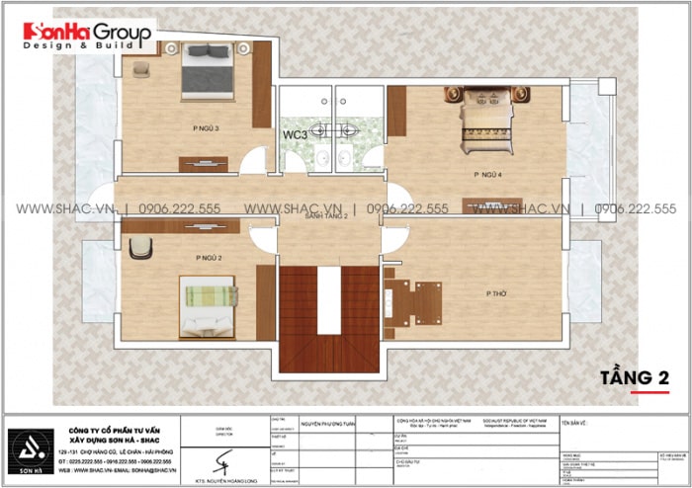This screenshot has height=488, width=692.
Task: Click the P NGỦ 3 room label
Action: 206,128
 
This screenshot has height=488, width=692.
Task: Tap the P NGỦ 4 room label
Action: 488,174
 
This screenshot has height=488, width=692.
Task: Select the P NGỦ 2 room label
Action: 208,257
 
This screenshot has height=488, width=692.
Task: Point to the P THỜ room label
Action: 497,293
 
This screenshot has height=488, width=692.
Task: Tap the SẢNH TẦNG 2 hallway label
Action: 326,214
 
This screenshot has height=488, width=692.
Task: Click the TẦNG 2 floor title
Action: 633,377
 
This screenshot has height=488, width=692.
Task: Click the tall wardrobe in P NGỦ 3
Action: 262,84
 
